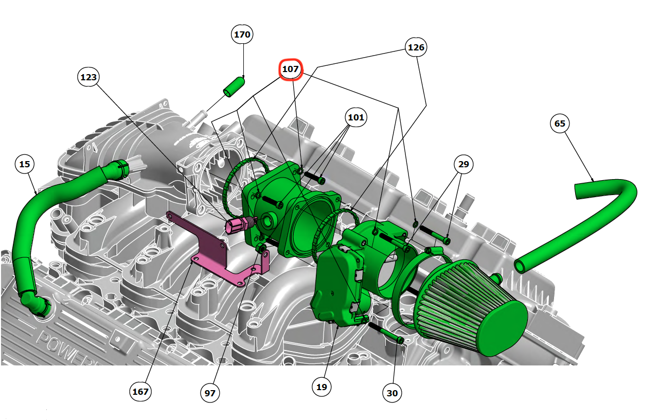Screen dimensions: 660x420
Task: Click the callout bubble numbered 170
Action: tap(242, 34)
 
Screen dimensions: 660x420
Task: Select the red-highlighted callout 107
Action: tap(291, 69)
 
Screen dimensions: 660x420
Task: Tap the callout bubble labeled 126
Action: tap(416, 47)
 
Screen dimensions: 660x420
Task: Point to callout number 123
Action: tap(88, 77)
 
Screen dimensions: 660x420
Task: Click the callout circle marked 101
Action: tap(356, 117)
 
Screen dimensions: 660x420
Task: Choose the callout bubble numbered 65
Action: tap(560, 123)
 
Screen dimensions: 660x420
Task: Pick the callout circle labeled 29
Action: tap(463, 164)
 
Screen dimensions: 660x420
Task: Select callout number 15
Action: tap(25, 164)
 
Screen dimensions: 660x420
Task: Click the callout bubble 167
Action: tap(140, 392)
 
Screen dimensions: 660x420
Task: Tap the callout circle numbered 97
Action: tap(210, 393)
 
